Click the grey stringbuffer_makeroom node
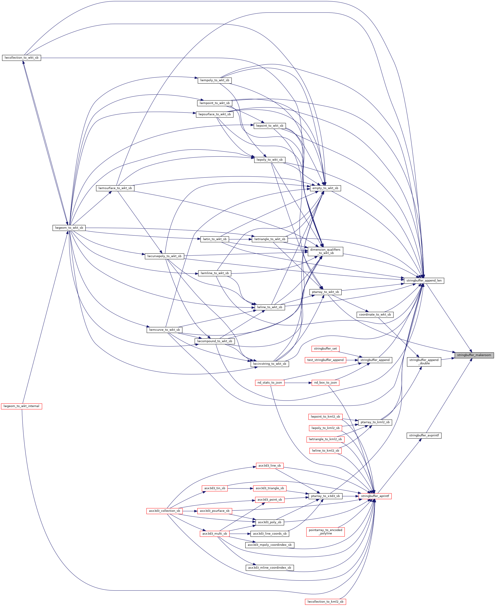click(x=474, y=355)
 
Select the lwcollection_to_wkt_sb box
click(x=22, y=58)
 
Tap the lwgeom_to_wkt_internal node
click(x=22, y=406)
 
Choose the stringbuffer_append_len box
click(x=424, y=280)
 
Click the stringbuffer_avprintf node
click(x=424, y=435)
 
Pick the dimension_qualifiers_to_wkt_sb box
click(x=325, y=251)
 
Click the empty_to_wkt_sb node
click(x=325, y=188)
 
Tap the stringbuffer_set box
click(x=325, y=349)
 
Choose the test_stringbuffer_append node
click(x=325, y=360)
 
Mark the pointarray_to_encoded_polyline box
click(x=325, y=532)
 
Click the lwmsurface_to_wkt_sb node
click(x=115, y=188)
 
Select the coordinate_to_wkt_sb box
click(x=375, y=314)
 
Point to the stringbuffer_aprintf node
click(x=375, y=496)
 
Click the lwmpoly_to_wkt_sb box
click(x=215, y=80)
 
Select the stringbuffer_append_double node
click(x=424, y=362)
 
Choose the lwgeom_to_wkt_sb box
click(x=69, y=228)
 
